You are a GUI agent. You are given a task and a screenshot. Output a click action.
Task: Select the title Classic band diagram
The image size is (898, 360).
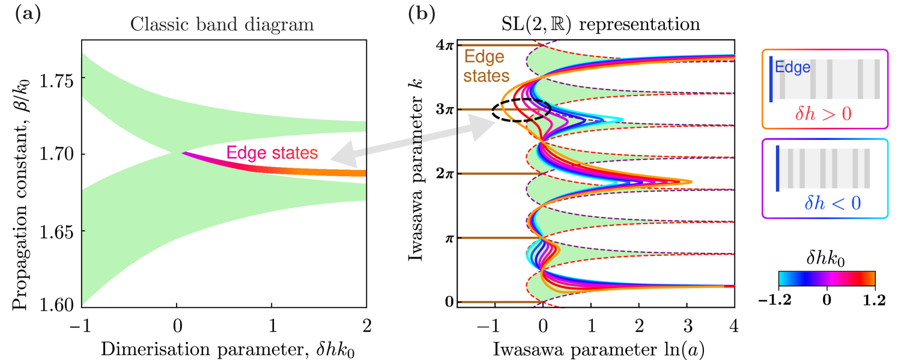tap(222, 25)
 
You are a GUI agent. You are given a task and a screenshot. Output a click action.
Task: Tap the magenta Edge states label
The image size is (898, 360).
tap(272, 153)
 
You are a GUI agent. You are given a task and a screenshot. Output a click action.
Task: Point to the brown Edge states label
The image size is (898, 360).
tap(485, 67)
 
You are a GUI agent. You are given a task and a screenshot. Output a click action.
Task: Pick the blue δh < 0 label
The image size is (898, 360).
tap(833, 204)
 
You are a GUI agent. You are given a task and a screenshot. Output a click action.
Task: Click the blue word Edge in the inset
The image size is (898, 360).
tap(793, 67)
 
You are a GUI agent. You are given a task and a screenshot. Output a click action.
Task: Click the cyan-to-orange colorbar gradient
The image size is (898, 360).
tap(827, 278)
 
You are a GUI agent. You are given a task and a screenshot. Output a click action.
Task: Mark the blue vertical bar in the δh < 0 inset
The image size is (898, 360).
tap(778, 168)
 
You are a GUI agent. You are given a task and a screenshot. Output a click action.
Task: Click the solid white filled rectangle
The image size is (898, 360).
tap(479, 290)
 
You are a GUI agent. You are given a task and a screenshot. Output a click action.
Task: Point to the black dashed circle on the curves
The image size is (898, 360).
tap(544, 109)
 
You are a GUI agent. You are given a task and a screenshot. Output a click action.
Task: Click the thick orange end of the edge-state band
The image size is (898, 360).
tap(354, 173)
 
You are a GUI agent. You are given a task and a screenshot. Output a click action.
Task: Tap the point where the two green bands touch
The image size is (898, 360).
tap(182, 153)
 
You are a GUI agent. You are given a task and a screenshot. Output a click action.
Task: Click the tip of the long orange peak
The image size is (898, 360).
tap(691, 182)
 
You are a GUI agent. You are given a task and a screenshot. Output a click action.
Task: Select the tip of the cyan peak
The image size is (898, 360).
tap(622, 120)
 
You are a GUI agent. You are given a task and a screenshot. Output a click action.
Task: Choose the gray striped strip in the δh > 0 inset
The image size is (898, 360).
tap(829, 79)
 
